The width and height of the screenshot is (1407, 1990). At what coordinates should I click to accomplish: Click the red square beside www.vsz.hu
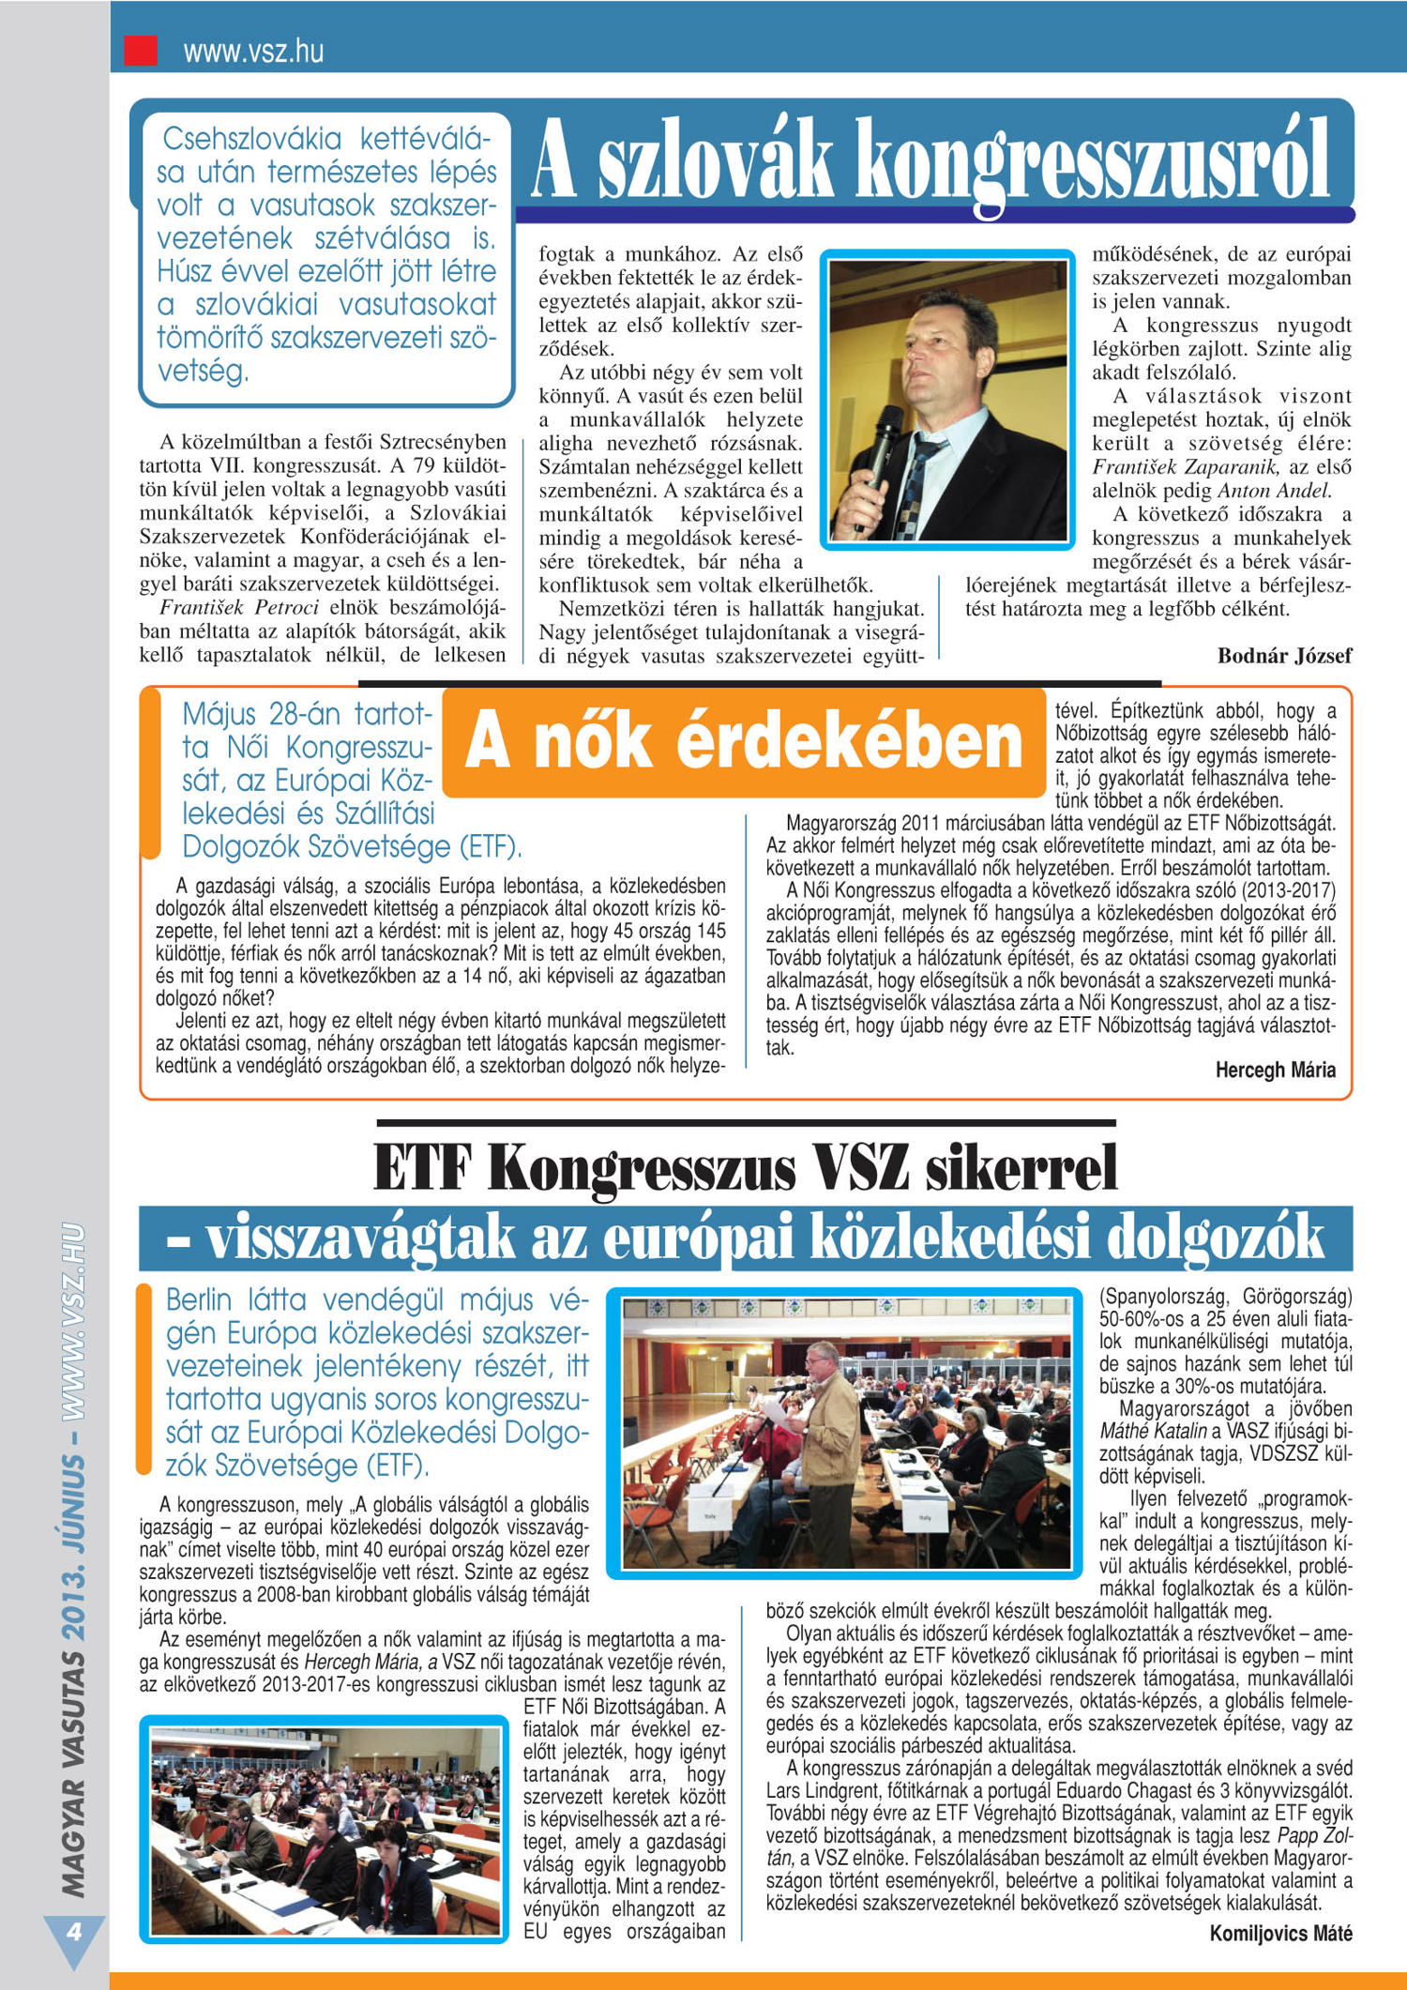coord(141,50)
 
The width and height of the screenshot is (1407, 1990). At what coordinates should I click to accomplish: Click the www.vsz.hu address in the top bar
coord(253,51)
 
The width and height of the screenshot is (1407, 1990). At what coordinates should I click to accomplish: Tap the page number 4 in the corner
coord(73,1931)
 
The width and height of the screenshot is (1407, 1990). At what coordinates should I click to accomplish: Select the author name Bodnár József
coord(1284,656)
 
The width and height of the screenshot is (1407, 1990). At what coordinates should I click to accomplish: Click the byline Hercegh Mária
coord(1275,1070)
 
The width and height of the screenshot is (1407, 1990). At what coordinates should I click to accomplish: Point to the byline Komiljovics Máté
coord(1280,1933)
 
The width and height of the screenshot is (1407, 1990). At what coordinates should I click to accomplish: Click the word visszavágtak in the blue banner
coord(361,1238)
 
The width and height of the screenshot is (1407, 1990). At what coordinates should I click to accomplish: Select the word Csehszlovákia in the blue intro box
coord(252,139)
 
